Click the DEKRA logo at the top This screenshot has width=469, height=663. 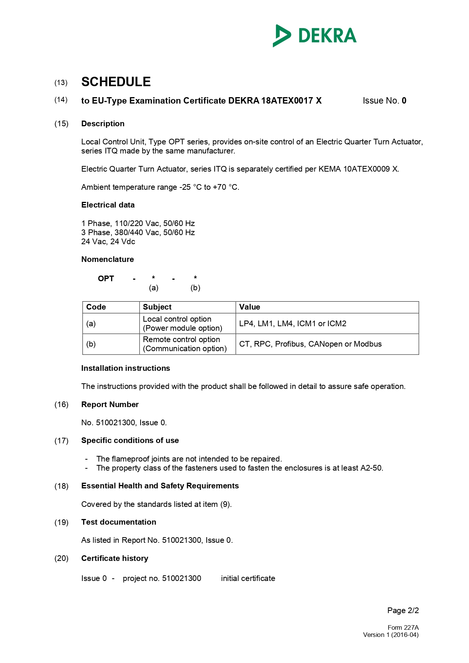(x=314, y=36)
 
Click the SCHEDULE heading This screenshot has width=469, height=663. (x=116, y=82)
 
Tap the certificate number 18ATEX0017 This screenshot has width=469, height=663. (x=287, y=101)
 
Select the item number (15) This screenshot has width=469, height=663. (x=61, y=124)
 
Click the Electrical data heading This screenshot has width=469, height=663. (x=108, y=205)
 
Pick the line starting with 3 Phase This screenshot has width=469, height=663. (x=138, y=232)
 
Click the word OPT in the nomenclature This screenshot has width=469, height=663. (x=106, y=279)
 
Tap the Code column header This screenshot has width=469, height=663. (x=96, y=307)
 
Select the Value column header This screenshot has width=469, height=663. (x=249, y=307)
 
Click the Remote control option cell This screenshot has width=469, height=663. (x=185, y=344)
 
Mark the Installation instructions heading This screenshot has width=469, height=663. (x=125, y=368)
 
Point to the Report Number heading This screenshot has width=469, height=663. (x=110, y=404)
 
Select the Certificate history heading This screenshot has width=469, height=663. (x=115, y=558)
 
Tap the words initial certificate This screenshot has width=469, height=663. (x=248, y=578)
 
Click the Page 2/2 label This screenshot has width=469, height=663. (x=403, y=610)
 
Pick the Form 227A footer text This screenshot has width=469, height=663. (x=403, y=627)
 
